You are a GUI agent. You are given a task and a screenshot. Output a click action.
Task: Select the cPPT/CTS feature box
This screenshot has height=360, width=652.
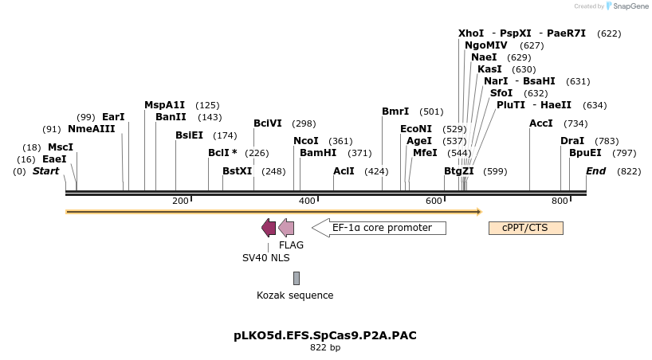(x=526, y=228)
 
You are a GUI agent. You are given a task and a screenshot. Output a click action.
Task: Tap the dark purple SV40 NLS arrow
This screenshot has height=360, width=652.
(x=269, y=228)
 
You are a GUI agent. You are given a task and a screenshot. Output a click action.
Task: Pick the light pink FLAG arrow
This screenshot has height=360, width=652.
(x=286, y=228)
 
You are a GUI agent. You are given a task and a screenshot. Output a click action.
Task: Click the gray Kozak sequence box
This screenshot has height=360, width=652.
(x=297, y=278)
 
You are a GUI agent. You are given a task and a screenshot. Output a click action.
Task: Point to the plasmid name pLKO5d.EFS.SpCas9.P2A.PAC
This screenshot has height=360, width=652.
(x=325, y=335)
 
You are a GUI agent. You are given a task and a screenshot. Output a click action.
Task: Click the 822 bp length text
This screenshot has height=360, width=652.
(x=325, y=348)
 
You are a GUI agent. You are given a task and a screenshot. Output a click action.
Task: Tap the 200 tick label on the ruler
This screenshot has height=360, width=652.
(x=180, y=201)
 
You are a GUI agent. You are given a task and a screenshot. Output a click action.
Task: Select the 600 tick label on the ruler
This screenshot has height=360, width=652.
(x=434, y=201)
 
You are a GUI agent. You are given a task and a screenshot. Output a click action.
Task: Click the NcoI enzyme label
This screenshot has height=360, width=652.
(x=306, y=141)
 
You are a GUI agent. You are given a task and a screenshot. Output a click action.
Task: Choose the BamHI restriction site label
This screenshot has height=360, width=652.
(x=318, y=153)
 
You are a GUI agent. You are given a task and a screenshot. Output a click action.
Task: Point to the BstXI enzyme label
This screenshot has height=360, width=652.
(x=237, y=171)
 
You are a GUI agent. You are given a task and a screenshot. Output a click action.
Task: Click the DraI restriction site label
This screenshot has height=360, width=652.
(x=572, y=141)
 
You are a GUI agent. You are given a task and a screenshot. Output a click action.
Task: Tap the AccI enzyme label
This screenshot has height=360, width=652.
(x=541, y=123)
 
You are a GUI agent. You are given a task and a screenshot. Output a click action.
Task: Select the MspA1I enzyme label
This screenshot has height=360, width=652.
(x=164, y=105)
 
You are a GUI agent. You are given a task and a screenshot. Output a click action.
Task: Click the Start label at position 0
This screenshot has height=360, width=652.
(x=46, y=171)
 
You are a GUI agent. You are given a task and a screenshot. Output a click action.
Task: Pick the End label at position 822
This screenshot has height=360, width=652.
(x=596, y=171)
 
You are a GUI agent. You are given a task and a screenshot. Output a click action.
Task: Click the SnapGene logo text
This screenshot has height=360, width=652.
(x=629, y=6)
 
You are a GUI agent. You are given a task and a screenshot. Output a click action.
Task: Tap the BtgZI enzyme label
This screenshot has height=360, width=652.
(x=459, y=171)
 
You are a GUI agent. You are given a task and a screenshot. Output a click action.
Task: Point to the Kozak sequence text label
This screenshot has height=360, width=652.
(x=295, y=295)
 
